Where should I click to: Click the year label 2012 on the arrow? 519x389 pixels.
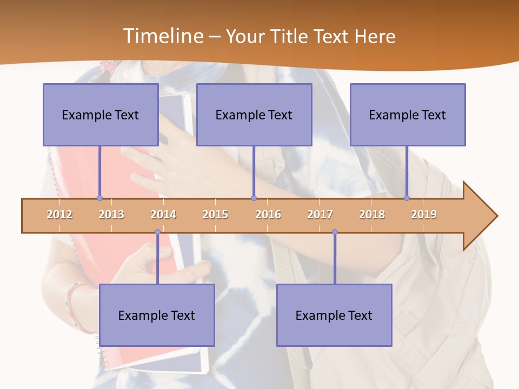59,214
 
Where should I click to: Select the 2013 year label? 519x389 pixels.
111,214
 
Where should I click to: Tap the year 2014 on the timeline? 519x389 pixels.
163,214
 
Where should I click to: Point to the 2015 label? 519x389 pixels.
215,214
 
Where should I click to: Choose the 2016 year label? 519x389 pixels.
268,214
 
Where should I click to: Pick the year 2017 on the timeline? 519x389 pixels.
320,214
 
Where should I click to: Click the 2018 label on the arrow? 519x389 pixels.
372,214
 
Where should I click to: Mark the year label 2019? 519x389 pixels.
424,214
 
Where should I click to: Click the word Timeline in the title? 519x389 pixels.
163,36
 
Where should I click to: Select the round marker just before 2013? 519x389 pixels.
99,198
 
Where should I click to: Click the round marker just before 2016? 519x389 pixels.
254,198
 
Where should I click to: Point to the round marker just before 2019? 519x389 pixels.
407,198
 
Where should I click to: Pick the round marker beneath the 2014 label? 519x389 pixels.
157,232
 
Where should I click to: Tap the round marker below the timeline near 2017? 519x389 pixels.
335,232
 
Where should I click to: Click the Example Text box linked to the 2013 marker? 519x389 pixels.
101,115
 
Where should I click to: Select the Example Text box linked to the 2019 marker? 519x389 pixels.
408,115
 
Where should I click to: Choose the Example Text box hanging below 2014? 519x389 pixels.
157,315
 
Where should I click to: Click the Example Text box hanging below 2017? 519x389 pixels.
334,315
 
